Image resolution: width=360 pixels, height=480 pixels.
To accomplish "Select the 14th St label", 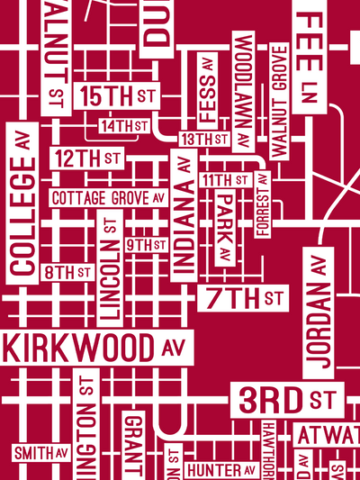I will coord(124,126).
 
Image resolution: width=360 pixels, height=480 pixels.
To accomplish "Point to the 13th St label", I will coord(204,140).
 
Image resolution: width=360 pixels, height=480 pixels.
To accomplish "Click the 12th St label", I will coord(87,158).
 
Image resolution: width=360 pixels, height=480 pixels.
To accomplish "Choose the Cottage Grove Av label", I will coord(109,197).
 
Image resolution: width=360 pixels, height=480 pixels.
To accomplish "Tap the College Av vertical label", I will coord(22,202).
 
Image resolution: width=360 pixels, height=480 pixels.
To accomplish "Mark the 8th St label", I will coord(67,271).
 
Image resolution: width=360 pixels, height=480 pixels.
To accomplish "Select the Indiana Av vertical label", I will coord(184,213).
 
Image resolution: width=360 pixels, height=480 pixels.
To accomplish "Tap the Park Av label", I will coord(224,229).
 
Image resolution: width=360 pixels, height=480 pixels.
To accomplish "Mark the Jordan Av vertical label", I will coord(318,312).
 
